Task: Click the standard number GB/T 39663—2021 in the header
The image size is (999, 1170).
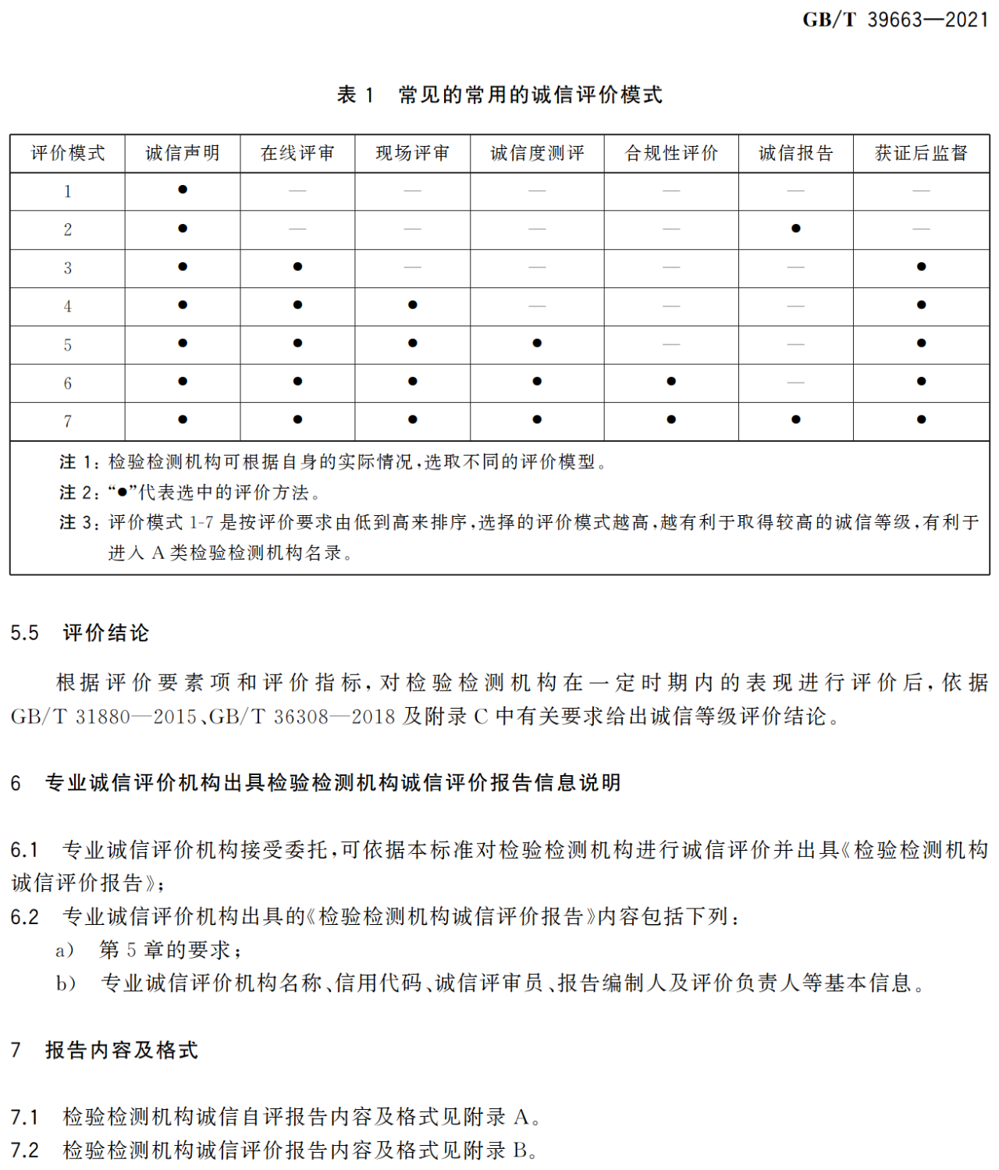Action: click(x=895, y=20)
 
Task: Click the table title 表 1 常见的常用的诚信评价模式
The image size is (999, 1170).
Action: click(x=499, y=95)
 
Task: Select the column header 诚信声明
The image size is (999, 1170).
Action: click(x=183, y=153)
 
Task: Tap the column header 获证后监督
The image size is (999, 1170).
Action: click(x=921, y=153)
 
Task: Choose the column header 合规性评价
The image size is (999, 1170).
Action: click(x=671, y=153)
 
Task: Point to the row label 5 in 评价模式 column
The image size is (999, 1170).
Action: click(x=68, y=345)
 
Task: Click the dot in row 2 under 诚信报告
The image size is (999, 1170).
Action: click(x=795, y=229)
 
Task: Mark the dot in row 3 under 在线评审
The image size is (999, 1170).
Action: click(x=297, y=267)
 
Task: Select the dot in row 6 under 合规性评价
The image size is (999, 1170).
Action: click(x=671, y=382)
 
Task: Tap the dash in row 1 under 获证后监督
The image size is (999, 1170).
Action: click(x=921, y=190)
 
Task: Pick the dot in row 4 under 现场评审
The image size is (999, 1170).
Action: click(x=412, y=305)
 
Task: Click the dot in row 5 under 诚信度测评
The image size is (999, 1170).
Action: click(x=537, y=343)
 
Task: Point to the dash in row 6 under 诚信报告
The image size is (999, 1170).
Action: click(x=795, y=382)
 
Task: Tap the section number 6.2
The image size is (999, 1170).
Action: click(x=24, y=917)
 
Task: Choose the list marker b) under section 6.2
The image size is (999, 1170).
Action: click(x=66, y=983)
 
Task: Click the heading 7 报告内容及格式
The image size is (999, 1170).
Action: click(x=105, y=1051)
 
